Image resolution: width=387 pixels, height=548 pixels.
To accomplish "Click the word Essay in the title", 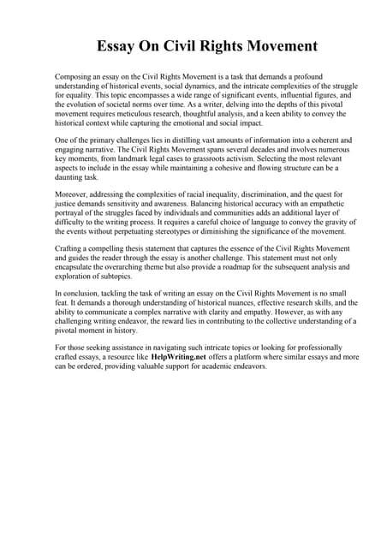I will pyautogui.click(x=117, y=45).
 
